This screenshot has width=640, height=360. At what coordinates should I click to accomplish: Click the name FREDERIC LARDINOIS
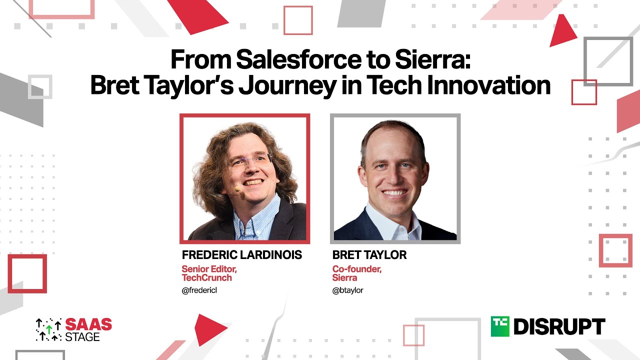242,255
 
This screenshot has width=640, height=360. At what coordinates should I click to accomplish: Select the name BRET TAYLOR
369,255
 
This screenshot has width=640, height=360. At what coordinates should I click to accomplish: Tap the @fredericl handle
199,290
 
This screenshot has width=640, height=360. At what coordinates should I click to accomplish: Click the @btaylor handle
347,290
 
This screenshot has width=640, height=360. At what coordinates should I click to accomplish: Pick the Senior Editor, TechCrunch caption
209,273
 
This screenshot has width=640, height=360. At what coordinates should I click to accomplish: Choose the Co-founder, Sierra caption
356,273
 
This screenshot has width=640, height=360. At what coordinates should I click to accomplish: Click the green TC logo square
499,326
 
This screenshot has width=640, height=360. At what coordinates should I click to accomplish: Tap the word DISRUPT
559,326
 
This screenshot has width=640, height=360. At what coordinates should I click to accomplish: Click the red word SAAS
89,324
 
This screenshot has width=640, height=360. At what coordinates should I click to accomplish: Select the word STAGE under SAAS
82,336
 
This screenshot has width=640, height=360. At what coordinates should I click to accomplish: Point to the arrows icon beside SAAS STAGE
48,330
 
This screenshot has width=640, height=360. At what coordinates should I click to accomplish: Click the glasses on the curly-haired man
250,161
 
